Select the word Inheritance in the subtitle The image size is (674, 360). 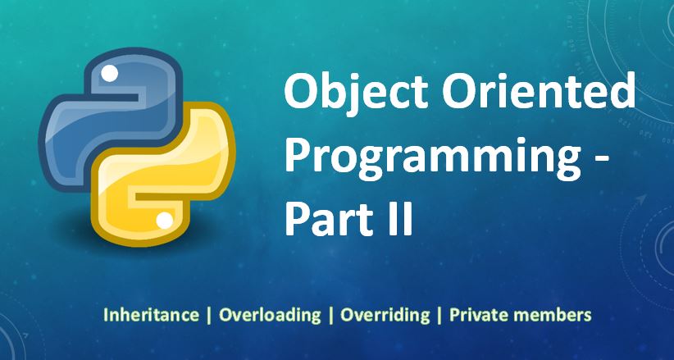(x=151, y=314)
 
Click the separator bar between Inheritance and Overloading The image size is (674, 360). (x=209, y=314)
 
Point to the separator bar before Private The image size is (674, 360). (x=439, y=314)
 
